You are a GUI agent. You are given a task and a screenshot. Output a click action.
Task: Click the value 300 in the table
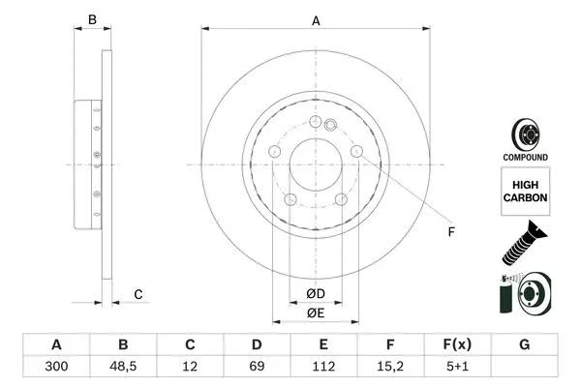[x=56, y=367]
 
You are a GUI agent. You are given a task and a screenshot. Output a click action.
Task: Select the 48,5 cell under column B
[x=123, y=367]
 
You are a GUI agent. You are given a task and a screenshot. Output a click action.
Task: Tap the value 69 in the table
[x=257, y=367]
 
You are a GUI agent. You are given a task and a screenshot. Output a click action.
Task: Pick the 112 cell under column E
[x=323, y=367]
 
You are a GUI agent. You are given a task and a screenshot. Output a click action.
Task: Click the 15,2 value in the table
[x=390, y=367]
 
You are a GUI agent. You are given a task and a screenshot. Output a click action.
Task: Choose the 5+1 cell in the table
[x=457, y=367]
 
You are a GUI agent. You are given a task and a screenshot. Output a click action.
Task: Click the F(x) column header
[x=457, y=344]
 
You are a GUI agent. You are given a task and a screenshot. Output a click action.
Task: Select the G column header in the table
[x=524, y=344]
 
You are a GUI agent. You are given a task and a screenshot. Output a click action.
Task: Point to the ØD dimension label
[x=316, y=294]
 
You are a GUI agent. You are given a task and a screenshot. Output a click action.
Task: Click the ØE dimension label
[x=316, y=313]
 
